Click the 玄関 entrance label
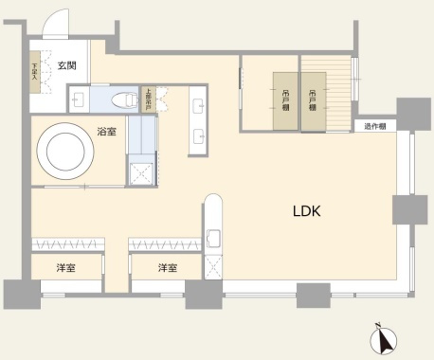[66, 65]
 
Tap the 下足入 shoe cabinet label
[36, 72]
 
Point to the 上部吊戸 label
[148, 99]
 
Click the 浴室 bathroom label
[106, 132]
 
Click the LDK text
[305, 212]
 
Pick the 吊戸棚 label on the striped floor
[312, 99]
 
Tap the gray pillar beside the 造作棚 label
[412, 114]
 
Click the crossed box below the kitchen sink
[213, 266]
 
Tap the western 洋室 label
[64, 268]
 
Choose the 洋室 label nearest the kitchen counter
[168, 268]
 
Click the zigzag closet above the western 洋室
[66, 244]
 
